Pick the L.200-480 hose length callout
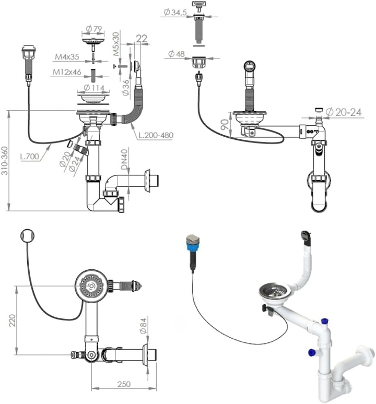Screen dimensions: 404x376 pos(156,135)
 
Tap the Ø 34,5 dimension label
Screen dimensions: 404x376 pos(174,12)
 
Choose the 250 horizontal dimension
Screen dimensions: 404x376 pos(123,384)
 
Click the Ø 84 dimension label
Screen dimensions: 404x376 pos(143,327)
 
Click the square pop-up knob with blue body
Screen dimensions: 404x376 pos(192,242)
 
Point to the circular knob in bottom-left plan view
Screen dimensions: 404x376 pos(26,236)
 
